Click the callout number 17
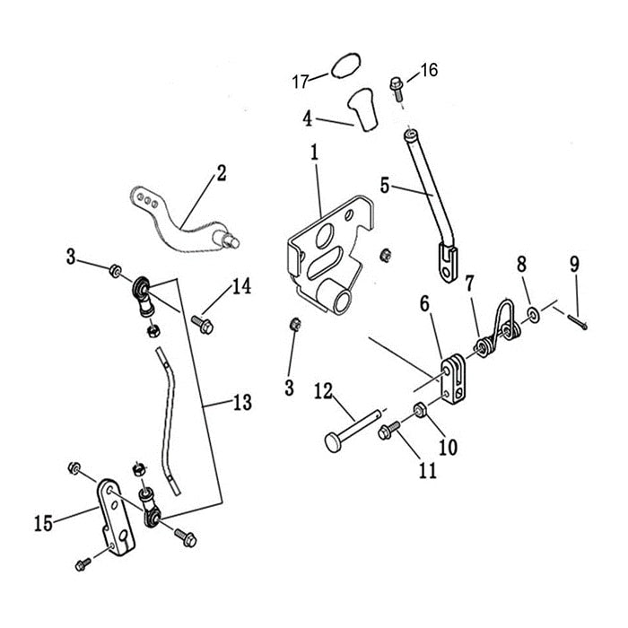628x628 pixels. click(299, 83)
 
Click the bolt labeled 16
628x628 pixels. click(397, 85)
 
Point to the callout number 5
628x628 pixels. click(385, 186)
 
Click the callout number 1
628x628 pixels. click(315, 153)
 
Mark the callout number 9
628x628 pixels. click(574, 265)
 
